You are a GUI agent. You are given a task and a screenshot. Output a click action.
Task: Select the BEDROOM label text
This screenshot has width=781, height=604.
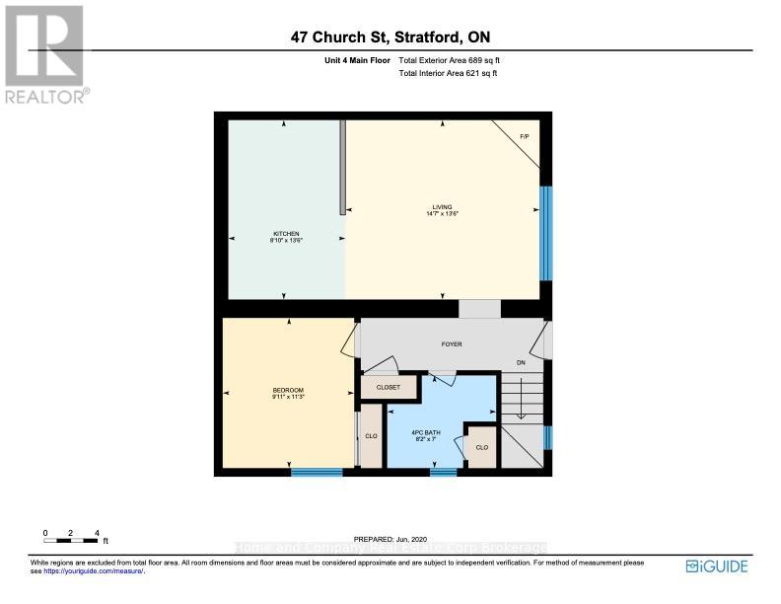point(288,393)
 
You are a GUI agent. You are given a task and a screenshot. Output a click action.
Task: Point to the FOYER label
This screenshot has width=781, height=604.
point(451,343)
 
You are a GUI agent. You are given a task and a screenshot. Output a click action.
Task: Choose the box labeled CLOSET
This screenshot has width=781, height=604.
point(389,388)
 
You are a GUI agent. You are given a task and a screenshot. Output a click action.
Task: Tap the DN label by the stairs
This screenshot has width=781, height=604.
point(521,363)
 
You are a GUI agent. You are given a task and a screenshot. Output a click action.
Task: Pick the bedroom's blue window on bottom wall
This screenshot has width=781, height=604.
point(317,472)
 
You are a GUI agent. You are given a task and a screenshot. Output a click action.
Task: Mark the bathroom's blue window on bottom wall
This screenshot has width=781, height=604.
point(444,472)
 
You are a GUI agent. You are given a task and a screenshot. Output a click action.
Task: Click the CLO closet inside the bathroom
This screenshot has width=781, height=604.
point(481,447)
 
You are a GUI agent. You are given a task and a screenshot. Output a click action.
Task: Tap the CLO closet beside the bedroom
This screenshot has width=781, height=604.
point(370,434)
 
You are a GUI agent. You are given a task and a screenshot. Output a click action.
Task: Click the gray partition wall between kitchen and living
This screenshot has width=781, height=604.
point(342,167)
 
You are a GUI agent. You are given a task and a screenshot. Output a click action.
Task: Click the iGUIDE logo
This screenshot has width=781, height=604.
point(717,566)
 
